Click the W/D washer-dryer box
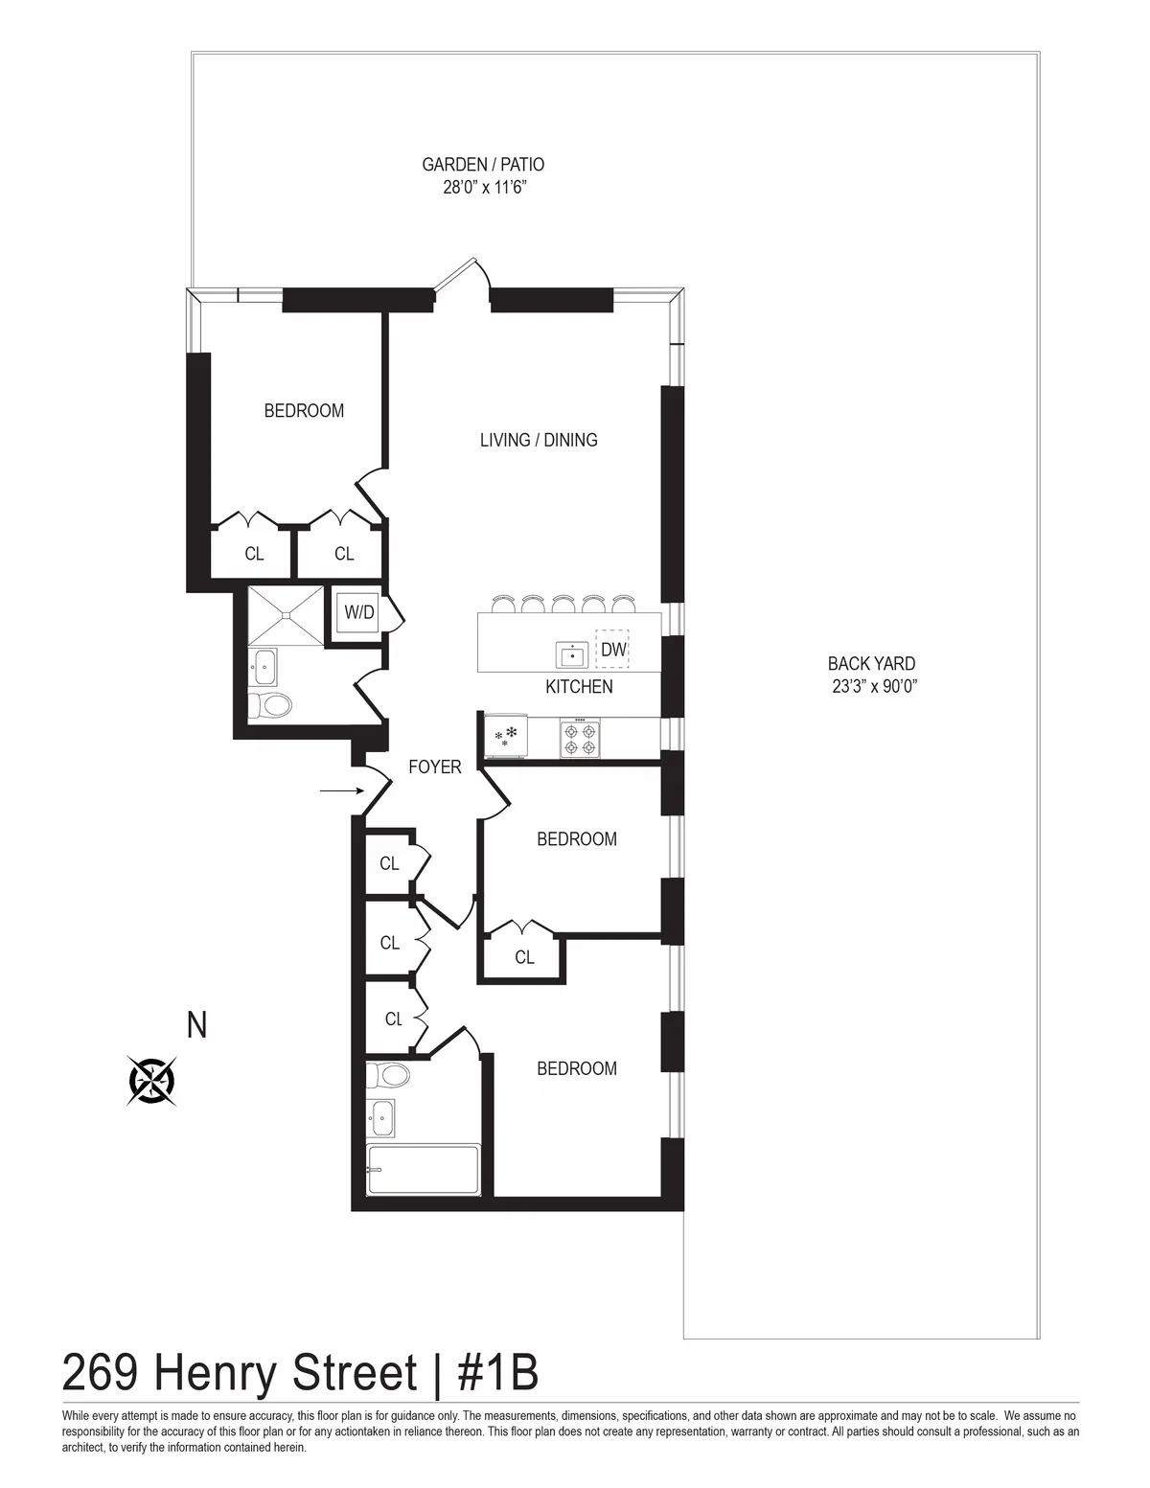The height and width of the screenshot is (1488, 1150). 359,612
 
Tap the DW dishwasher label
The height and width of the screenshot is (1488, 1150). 613,651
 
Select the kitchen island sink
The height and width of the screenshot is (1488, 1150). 572,654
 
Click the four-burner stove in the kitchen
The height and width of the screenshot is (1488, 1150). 580,739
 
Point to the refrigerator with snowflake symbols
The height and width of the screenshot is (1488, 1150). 506,737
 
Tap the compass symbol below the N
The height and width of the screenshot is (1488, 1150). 152,1082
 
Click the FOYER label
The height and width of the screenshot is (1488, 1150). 435,767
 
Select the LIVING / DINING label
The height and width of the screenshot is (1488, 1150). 539,440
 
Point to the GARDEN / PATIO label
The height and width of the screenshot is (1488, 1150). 483,165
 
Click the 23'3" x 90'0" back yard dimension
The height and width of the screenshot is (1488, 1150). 871,686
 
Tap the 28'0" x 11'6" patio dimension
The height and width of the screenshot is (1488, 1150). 484,189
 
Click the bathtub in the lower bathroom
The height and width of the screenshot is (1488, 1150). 423,1169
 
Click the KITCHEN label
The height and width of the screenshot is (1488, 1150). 579,687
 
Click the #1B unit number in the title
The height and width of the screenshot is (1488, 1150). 498,1373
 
